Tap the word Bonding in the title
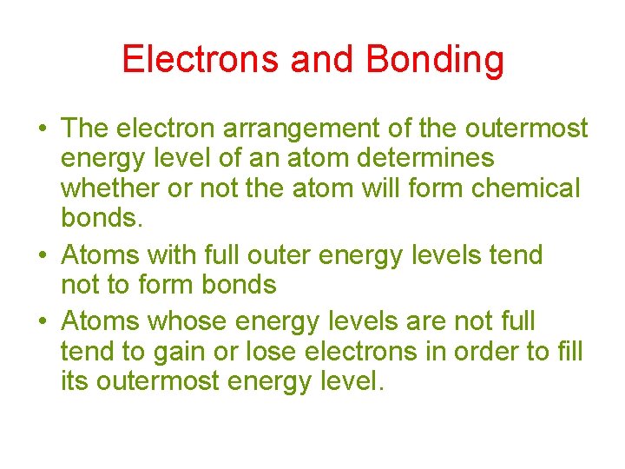(x=435, y=59)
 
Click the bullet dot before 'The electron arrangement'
(x=42, y=129)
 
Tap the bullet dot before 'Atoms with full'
(x=42, y=256)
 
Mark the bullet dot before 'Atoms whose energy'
(x=42, y=322)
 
